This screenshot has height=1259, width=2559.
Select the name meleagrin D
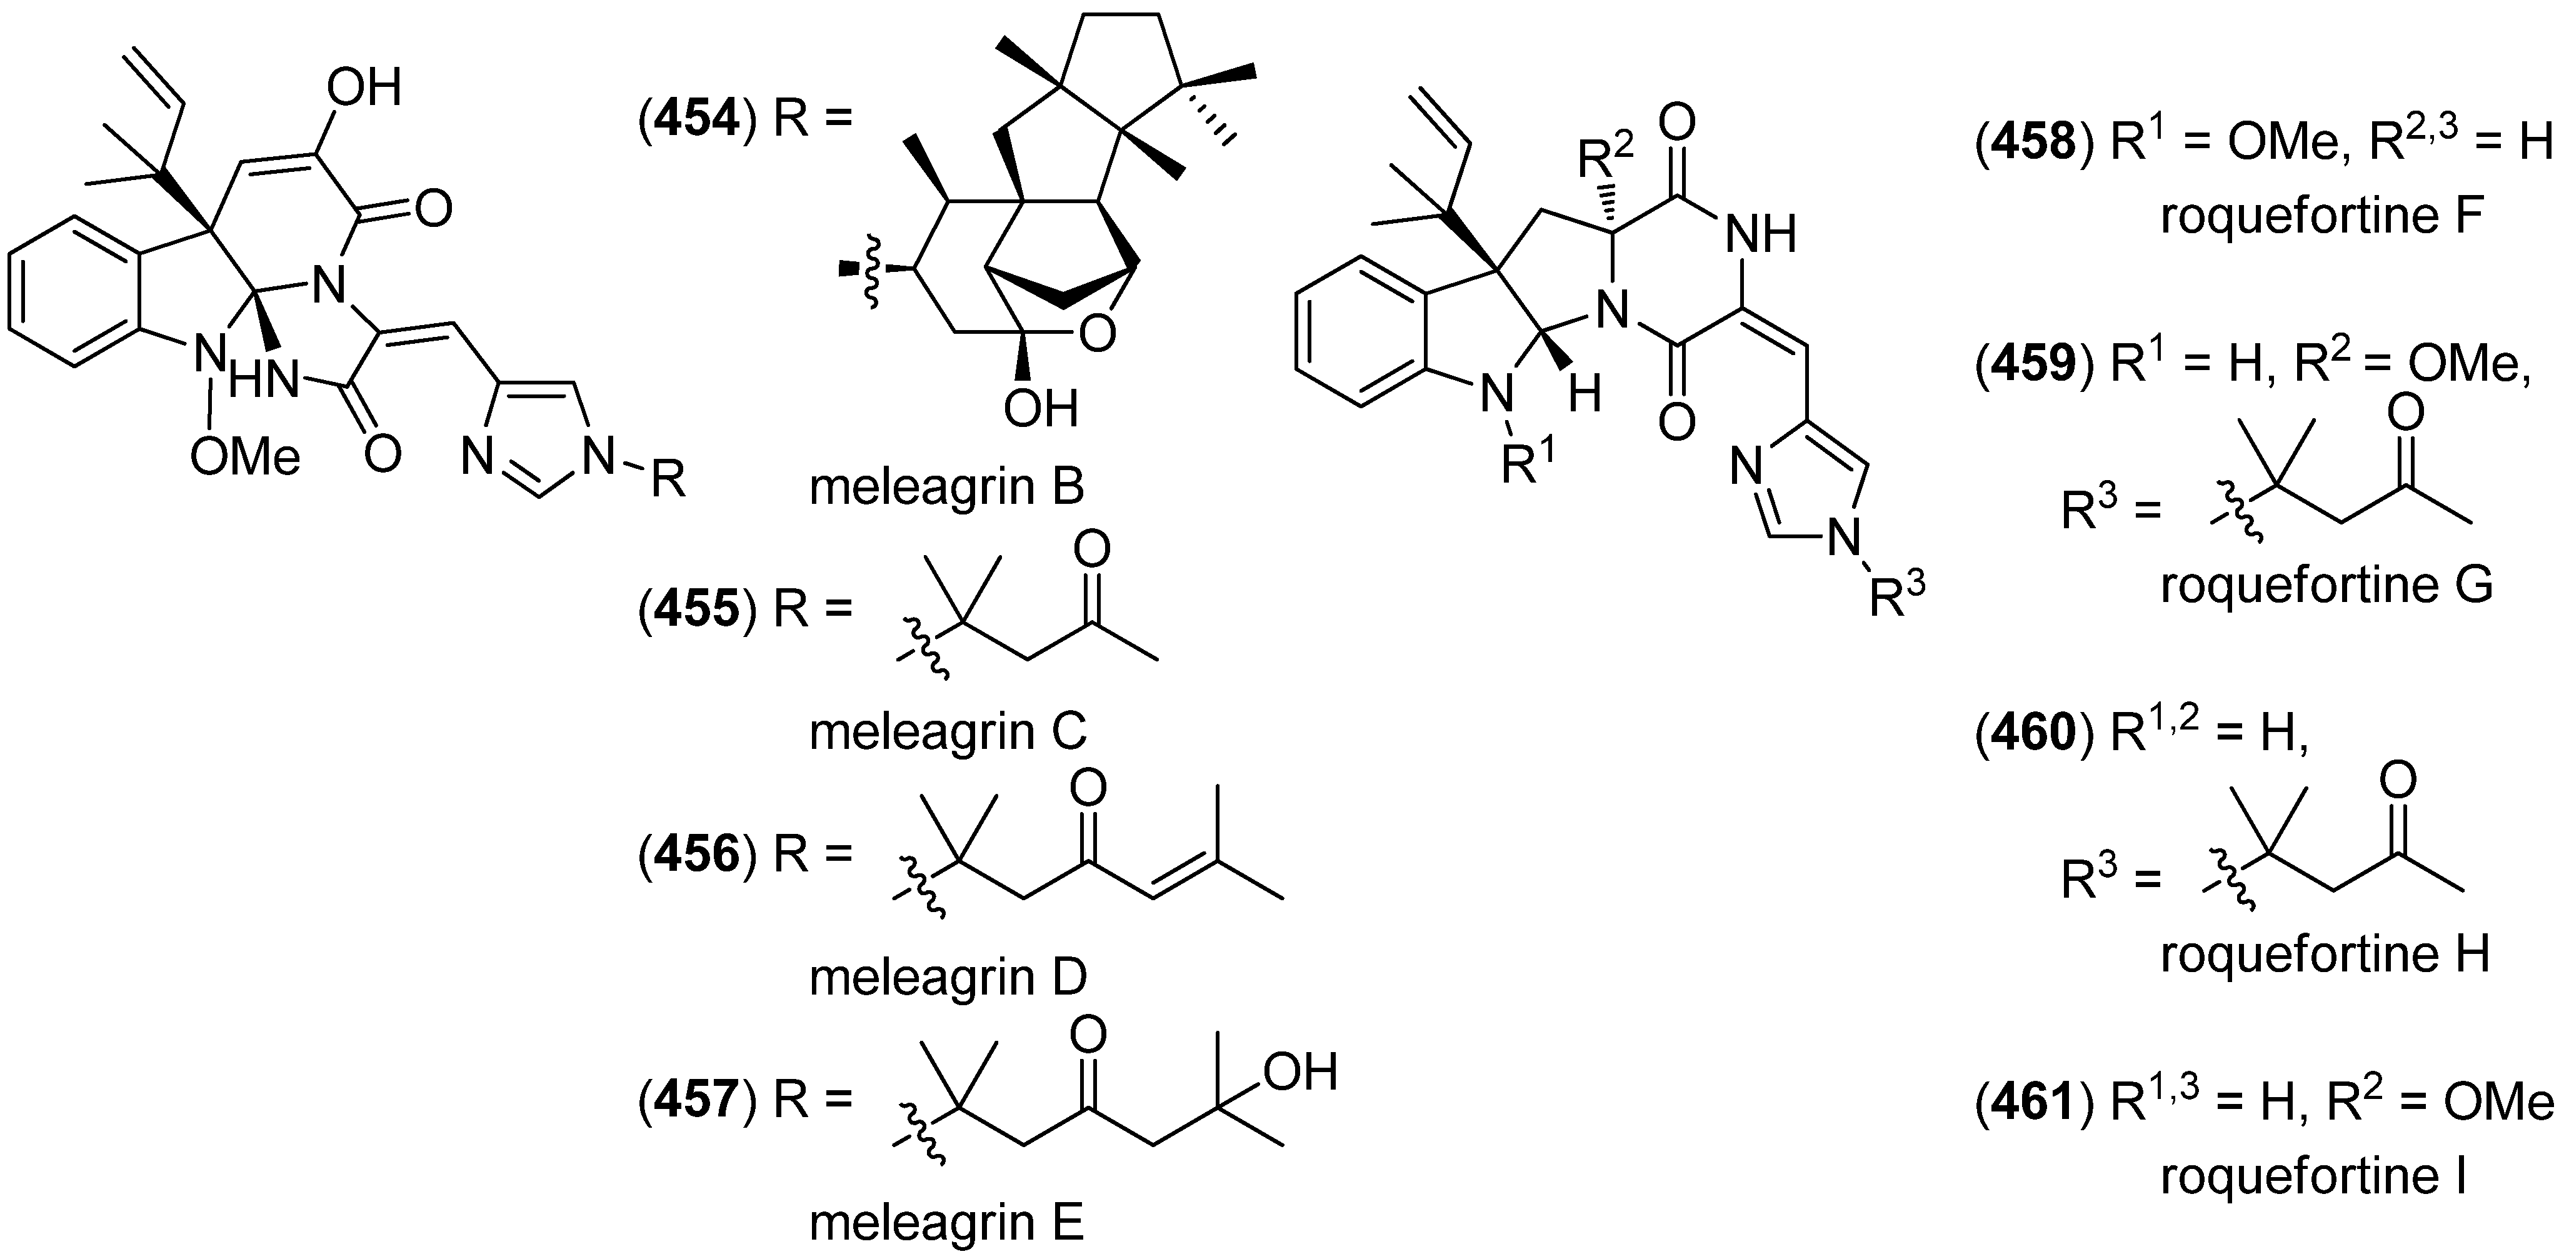(x=948, y=978)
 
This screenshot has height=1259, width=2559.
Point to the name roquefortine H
(x=2325, y=954)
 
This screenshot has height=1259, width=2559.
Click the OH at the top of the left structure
(x=364, y=88)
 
